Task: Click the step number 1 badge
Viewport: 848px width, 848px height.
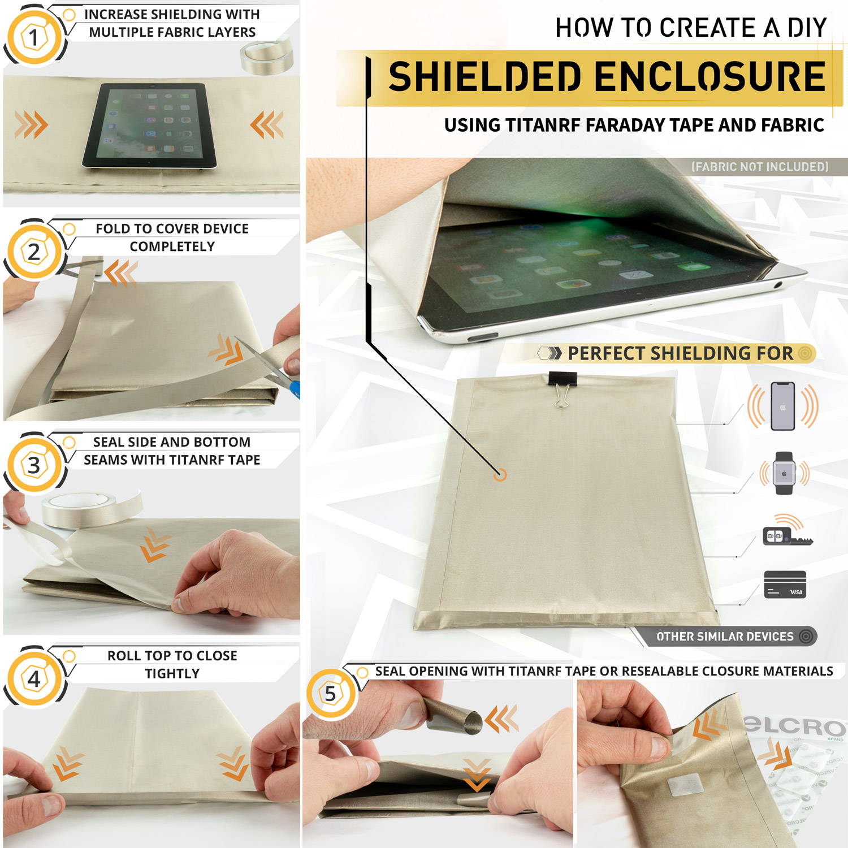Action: (x=34, y=37)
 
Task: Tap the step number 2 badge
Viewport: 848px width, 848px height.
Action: (x=34, y=252)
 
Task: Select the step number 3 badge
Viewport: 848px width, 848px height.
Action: (x=34, y=465)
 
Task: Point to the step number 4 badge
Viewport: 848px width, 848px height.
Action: (x=34, y=678)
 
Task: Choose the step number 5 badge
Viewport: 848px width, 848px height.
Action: (x=331, y=694)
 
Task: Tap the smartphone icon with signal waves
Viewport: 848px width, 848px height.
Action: (x=783, y=406)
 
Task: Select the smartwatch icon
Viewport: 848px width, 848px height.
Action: (x=784, y=473)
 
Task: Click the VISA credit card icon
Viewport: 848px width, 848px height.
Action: (x=785, y=585)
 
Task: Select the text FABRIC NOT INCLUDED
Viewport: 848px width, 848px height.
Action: (x=760, y=167)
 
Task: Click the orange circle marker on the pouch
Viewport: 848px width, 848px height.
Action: (x=500, y=475)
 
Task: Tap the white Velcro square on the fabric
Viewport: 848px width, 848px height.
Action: (x=685, y=788)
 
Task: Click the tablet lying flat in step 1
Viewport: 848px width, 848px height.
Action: (x=150, y=126)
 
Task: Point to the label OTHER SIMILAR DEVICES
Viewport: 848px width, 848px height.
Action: (x=725, y=637)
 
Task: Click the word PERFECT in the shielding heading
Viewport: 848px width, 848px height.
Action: (x=607, y=353)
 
